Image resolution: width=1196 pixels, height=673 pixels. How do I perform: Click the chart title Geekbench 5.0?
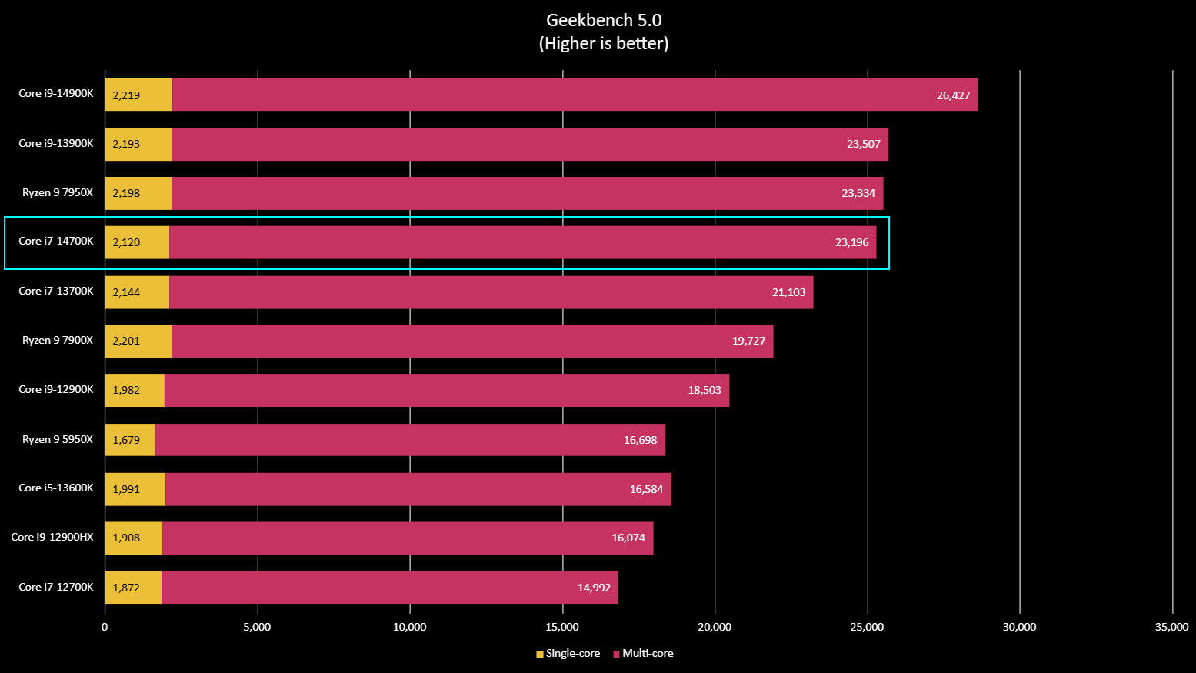604,20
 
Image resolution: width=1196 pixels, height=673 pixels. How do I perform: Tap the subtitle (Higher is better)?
604,44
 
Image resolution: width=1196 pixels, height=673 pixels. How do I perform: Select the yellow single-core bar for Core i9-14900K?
138,95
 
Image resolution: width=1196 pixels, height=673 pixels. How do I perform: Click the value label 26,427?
953,95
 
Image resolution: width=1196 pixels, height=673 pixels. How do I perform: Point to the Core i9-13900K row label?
56,143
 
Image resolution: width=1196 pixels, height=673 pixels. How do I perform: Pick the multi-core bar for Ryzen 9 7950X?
527,193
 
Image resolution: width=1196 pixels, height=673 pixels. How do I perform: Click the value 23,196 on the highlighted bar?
851,242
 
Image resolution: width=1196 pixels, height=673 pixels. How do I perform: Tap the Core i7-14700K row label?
56,242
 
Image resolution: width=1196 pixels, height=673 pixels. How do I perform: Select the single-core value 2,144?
126,292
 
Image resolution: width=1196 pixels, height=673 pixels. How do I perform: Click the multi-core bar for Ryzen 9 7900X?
471,341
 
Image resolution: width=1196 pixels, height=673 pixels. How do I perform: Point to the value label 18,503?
705,390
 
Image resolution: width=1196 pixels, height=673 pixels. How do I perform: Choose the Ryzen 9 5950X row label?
58,439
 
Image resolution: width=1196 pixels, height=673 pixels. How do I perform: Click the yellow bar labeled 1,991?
135,489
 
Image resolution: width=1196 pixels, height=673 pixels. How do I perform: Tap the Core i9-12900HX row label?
52,537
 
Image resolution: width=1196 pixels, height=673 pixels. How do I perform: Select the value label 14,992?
594,588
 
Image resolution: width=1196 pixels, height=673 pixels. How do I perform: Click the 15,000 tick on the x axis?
562,627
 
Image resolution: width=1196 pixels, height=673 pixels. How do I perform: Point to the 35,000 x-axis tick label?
1171,627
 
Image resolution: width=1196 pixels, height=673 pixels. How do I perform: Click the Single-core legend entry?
568,653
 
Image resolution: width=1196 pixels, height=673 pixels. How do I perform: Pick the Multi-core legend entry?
644,653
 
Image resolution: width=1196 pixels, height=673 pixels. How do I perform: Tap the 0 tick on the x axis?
105,627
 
